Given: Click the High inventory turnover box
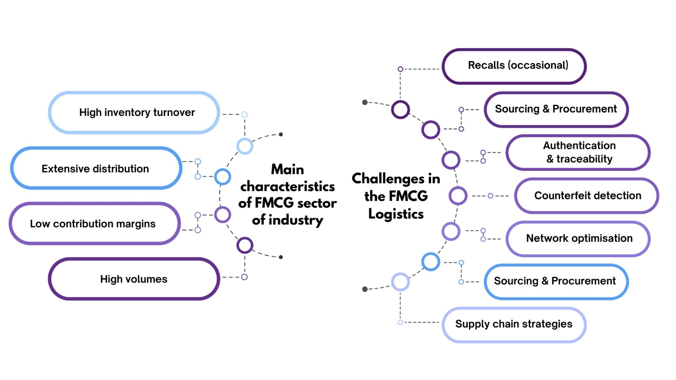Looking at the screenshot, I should pyautogui.click(x=134, y=113).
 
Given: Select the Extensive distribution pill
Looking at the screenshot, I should pyautogui.click(x=96, y=168).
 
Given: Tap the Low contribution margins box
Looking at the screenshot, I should pyautogui.click(x=94, y=223).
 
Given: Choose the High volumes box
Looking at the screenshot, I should pyautogui.click(x=134, y=279).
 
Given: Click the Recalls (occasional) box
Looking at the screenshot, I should pyautogui.click(x=514, y=66).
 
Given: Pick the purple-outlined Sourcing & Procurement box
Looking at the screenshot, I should pyautogui.click(x=556, y=109).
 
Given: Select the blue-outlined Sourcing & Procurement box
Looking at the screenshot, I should pyautogui.click(x=556, y=281).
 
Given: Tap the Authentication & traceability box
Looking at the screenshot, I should pyautogui.click(x=578, y=152).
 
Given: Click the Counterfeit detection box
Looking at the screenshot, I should pyautogui.click(x=586, y=196).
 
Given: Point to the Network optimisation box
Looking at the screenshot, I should pyautogui.click(x=578, y=238).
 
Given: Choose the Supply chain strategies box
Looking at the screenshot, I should pyautogui.click(x=514, y=324).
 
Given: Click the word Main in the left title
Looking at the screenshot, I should pyautogui.click(x=287, y=169).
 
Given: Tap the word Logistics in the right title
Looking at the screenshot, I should pyautogui.click(x=396, y=214).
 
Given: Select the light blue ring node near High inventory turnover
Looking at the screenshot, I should pyautogui.click(x=245, y=146).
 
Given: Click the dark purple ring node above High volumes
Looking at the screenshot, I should pyautogui.click(x=245, y=245).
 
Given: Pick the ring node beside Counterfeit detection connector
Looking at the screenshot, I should pyautogui.click(x=458, y=196).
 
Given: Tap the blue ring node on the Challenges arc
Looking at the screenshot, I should pyautogui.click(x=431, y=262).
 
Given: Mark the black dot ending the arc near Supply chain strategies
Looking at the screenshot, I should pyautogui.click(x=365, y=289).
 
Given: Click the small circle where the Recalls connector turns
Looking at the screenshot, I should pyautogui.click(x=400, y=69).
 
